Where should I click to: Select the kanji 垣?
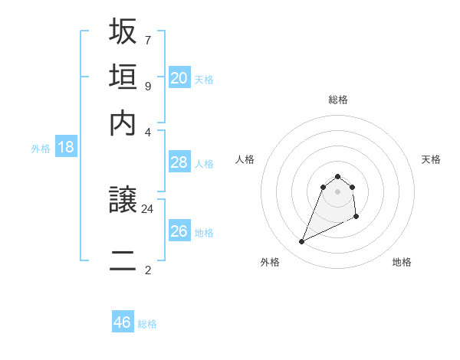[x=123, y=77]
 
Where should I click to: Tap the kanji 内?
[x=123, y=123]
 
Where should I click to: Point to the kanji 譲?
[x=123, y=201]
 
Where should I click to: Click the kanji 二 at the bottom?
[x=123, y=260]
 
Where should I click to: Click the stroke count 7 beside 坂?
[x=147, y=39]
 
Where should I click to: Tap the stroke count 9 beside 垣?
[x=147, y=85]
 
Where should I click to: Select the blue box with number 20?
[x=179, y=77]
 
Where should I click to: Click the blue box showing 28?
[x=179, y=162]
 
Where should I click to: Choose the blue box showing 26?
[x=179, y=231]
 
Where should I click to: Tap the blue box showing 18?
[x=66, y=147]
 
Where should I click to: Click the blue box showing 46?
[x=123, y=322]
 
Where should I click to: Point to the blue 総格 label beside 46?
[x=147, y=324]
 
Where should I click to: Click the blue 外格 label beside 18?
[x=41, y=149]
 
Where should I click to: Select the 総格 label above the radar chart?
[x=337, y=100]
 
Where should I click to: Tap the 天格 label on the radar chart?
[x=432, y=159]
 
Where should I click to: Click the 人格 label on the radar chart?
[x=245, y=159]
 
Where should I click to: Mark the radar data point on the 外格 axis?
[x=301, y=242]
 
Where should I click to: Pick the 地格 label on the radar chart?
[x=402, y=262]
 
